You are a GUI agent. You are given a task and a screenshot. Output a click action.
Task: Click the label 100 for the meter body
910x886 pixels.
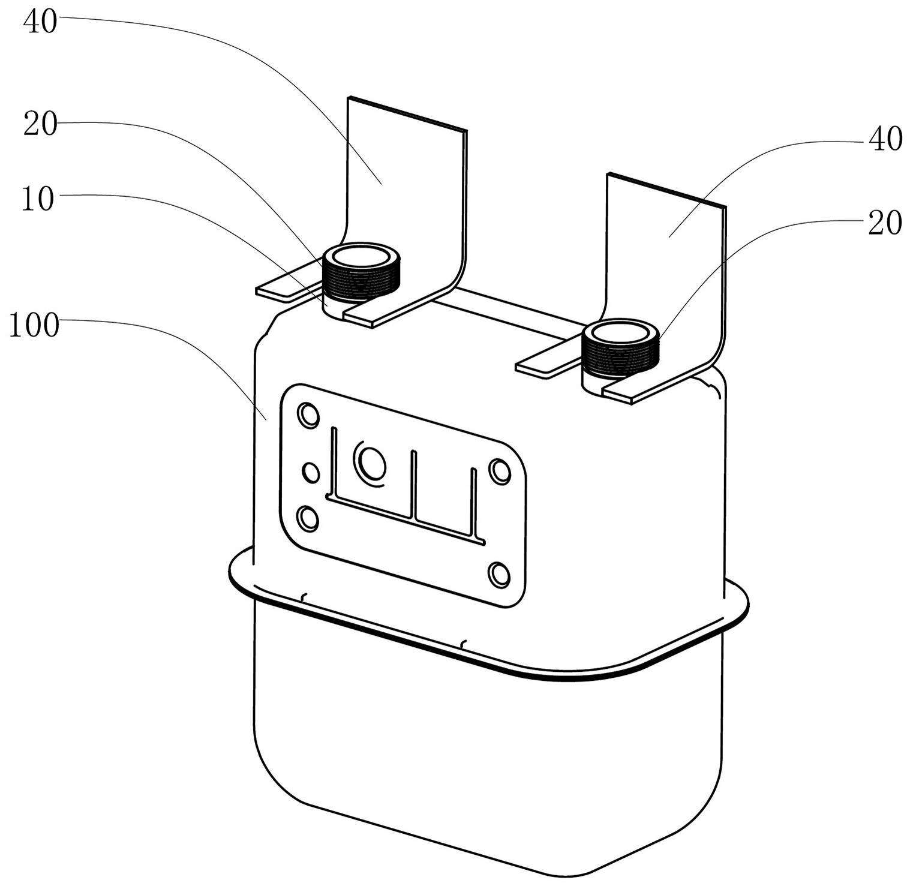point(34,327)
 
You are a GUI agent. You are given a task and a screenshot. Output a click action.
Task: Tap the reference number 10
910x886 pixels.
point(38,200)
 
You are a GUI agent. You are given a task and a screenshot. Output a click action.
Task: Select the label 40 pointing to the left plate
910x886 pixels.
point(40,22)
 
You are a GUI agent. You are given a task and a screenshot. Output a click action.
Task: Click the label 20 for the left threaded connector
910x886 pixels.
point(40,125)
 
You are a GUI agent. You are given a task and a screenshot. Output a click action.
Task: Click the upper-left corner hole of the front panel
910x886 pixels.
point(309,415)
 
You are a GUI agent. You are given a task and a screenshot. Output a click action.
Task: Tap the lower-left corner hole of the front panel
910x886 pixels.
point(308,518)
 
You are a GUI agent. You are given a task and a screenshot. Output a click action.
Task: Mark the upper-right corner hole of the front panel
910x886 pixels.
point(500,471)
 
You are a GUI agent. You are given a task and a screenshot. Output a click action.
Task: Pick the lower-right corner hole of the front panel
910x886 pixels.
point(499,575)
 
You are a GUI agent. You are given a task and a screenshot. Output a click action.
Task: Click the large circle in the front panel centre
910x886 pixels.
point(371,461)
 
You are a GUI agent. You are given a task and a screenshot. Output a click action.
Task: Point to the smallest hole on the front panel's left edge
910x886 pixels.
point(311,473)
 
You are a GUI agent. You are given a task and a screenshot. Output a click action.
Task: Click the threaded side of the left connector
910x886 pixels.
point(358,280)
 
